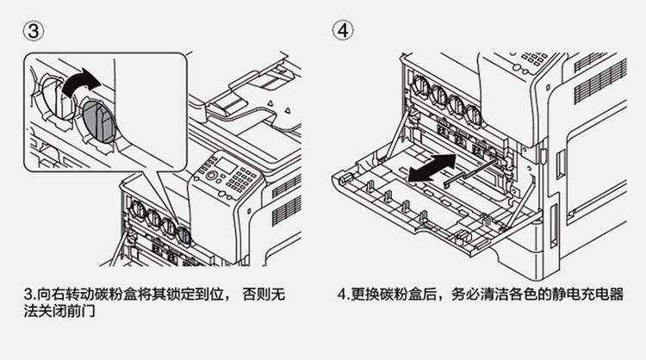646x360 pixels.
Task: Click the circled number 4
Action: (344, 30)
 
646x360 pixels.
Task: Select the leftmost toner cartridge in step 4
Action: (421, 89)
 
